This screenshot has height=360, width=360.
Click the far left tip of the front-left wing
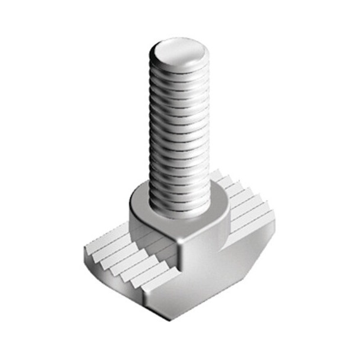[x=86, y=255]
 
